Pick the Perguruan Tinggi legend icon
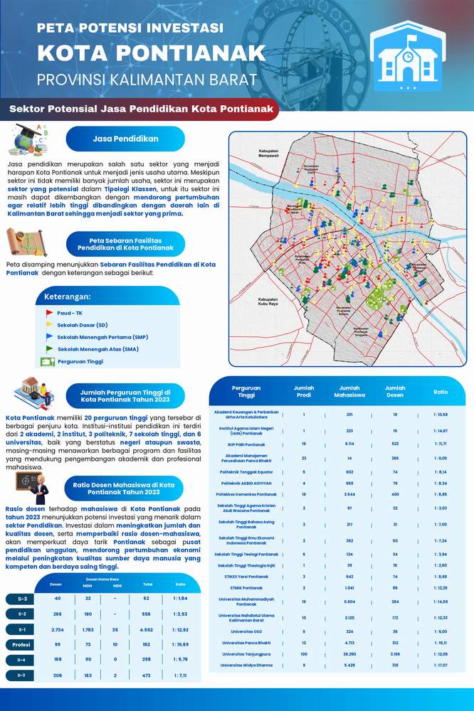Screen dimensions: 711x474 (48, 361)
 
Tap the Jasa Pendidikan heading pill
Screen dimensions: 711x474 (125, 139)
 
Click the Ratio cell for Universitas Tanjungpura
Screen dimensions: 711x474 (441, 653)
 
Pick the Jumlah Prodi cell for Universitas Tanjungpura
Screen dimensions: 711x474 (304, 653)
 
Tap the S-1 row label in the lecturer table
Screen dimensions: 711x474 (22, 629)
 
